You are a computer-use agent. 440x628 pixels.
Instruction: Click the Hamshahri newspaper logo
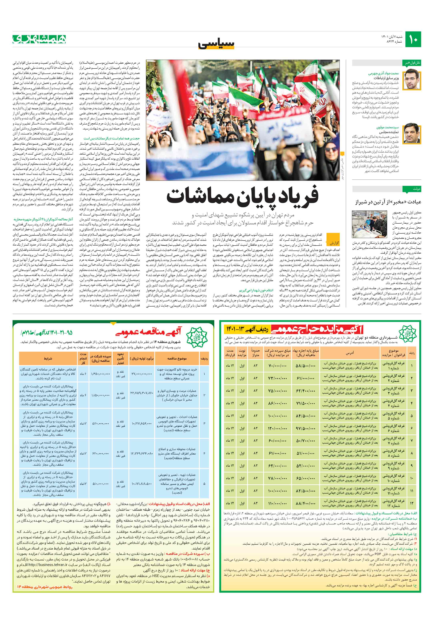pos(39,39)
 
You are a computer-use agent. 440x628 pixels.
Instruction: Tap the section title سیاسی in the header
pos(220,44)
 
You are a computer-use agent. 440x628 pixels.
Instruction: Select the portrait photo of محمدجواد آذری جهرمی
pos(412,80)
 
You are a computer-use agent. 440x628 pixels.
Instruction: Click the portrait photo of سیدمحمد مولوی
pos(412,133)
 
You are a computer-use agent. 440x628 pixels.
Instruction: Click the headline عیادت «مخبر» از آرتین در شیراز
pos(388,202)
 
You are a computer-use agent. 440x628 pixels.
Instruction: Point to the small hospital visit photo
pos(369,224)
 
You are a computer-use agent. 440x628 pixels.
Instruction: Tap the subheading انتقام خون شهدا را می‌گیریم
pos(256,290)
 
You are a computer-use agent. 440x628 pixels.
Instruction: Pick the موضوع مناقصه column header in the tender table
pos(177,358)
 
